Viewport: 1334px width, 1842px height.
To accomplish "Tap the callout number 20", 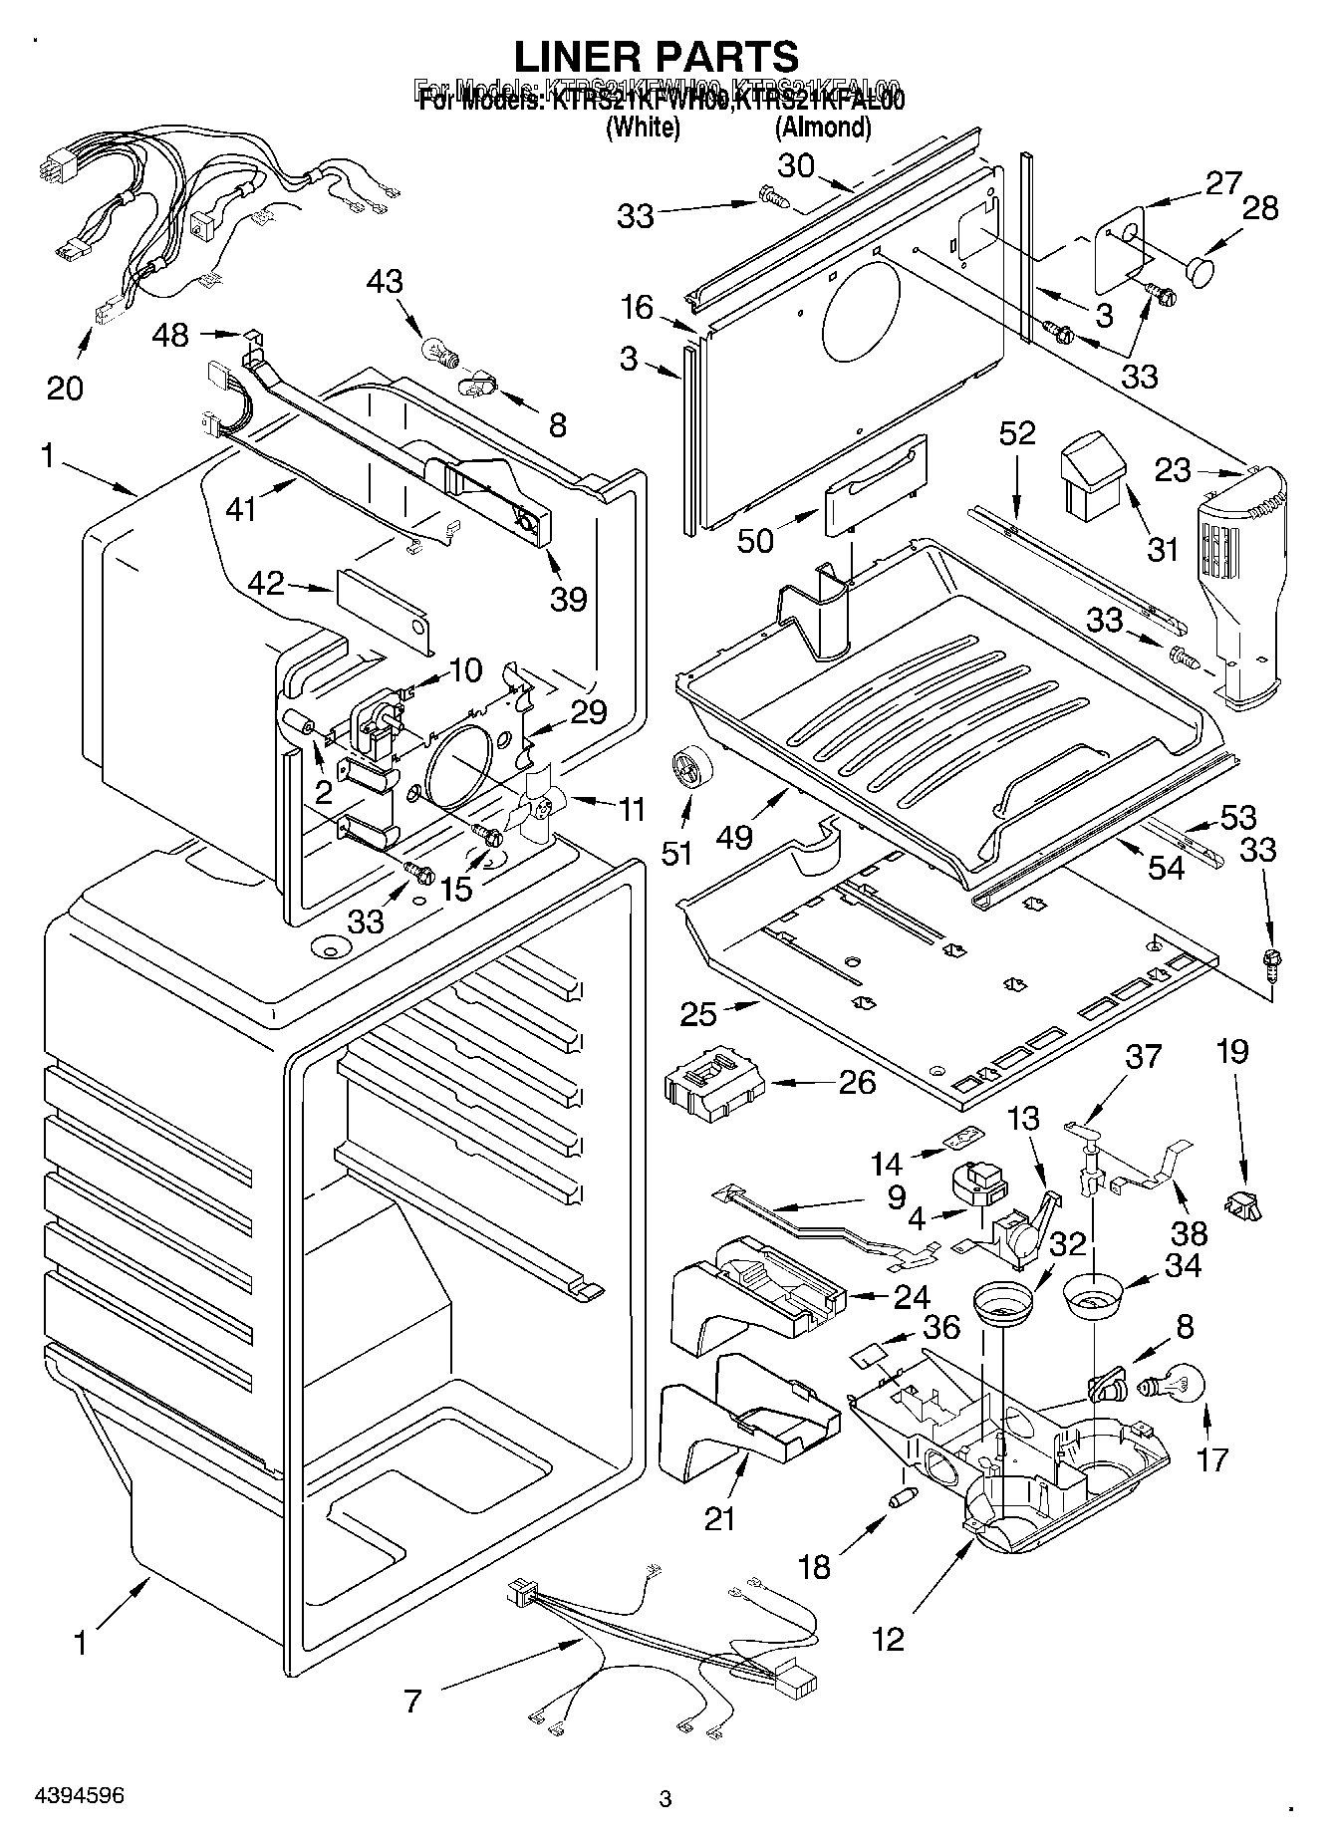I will click(65, 387).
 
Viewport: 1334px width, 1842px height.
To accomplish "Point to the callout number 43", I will click(385, 282).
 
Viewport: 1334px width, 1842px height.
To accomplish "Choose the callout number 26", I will click(858, 1081).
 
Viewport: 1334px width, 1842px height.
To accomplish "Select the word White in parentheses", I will click(643, 128).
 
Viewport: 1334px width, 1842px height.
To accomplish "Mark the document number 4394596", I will click(76, 1796).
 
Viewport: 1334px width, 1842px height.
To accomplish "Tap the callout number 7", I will click(413, 1701).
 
